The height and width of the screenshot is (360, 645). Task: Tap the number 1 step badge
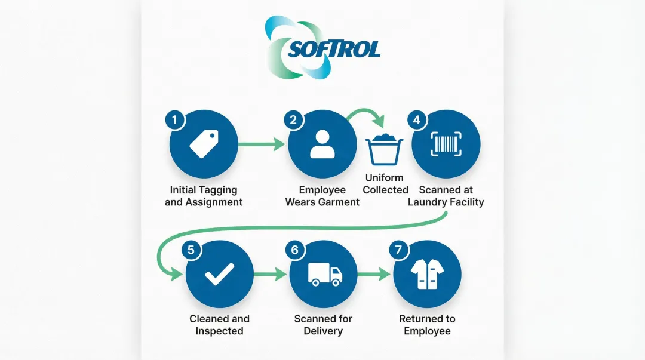point(174,119)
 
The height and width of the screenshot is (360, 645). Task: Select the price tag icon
point(204,144)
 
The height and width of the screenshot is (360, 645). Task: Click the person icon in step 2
point(322,144)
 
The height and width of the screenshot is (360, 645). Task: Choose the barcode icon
point(446,144)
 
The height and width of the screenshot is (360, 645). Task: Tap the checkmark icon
point(219,275)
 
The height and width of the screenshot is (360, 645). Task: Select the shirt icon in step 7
point(428,274)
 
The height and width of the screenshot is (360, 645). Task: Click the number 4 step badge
point(416,119)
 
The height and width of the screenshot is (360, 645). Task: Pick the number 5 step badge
point(191,250)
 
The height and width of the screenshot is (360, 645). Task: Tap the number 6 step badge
point(294,250)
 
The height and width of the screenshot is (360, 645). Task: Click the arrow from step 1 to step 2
point(261,144)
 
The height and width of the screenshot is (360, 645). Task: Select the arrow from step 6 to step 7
point(374,275)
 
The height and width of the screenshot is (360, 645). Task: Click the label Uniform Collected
point(385,184)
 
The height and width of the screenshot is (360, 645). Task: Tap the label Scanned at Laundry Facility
point(446,196)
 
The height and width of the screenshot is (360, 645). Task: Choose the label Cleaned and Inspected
point(219,325)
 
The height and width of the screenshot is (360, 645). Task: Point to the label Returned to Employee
point(427,325)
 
